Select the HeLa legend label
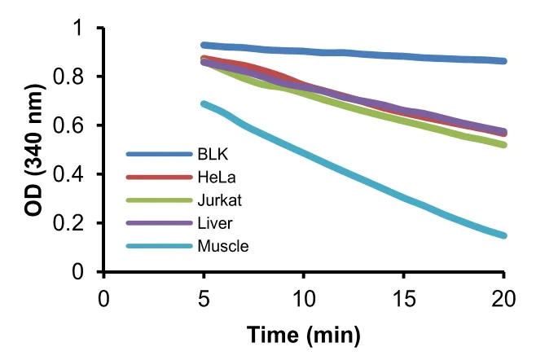click(x=212, y=177)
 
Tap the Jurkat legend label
click(x=214, y=200)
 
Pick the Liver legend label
click(x=211, y=222)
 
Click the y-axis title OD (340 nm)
click(x=33, y=150)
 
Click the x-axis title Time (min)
click(x=303, y=334)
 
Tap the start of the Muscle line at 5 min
click(x=204, y=103)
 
